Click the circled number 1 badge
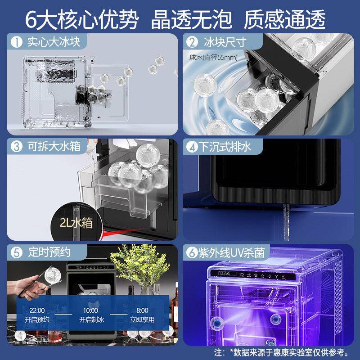17,42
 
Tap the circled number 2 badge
192,42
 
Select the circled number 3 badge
17,147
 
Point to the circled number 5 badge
17,252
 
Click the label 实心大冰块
54,42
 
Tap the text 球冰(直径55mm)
213,58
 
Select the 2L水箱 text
76,223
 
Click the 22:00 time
37,310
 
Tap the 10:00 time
90,310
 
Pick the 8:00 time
142,310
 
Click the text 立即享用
142,319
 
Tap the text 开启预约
37,319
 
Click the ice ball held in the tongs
53,275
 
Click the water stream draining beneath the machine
286,221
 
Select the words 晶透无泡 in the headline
191,19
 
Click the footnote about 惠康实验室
282,352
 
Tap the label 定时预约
49,252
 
